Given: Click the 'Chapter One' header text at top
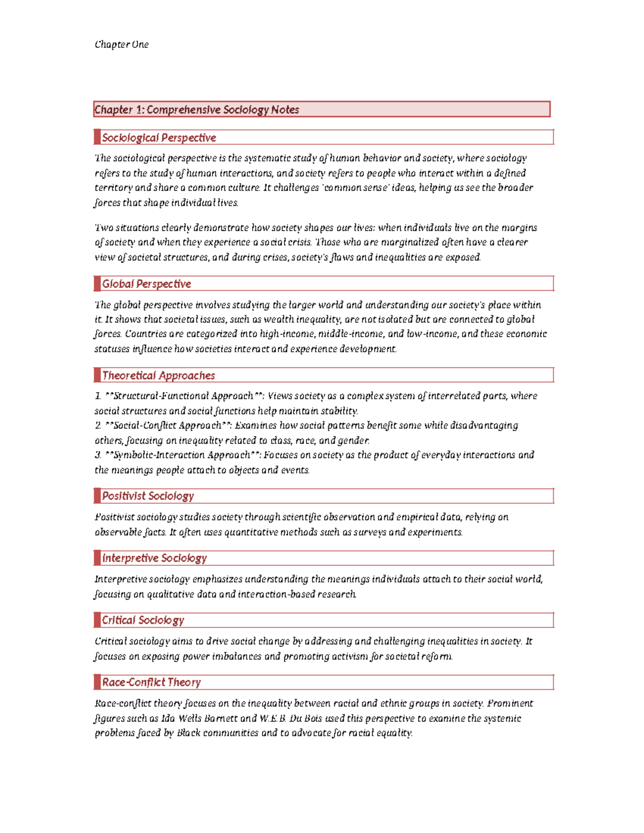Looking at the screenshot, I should [121, 45].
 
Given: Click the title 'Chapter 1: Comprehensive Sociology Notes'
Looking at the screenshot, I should [196, 109].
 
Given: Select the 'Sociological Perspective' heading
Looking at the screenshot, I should [159, 138].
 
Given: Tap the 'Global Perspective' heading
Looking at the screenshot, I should [147, 284].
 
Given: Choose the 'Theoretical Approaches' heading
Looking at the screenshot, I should [158, 375].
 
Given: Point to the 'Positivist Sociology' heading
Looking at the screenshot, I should [148, 496].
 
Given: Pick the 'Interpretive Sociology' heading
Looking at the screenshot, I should [155, 558].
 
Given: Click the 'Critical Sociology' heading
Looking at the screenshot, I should [143, 621].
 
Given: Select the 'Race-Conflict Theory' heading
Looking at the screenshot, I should [151, 682].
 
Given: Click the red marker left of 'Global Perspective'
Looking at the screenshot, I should [97, 284].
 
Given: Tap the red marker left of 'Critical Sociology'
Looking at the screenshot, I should [97, 620].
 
